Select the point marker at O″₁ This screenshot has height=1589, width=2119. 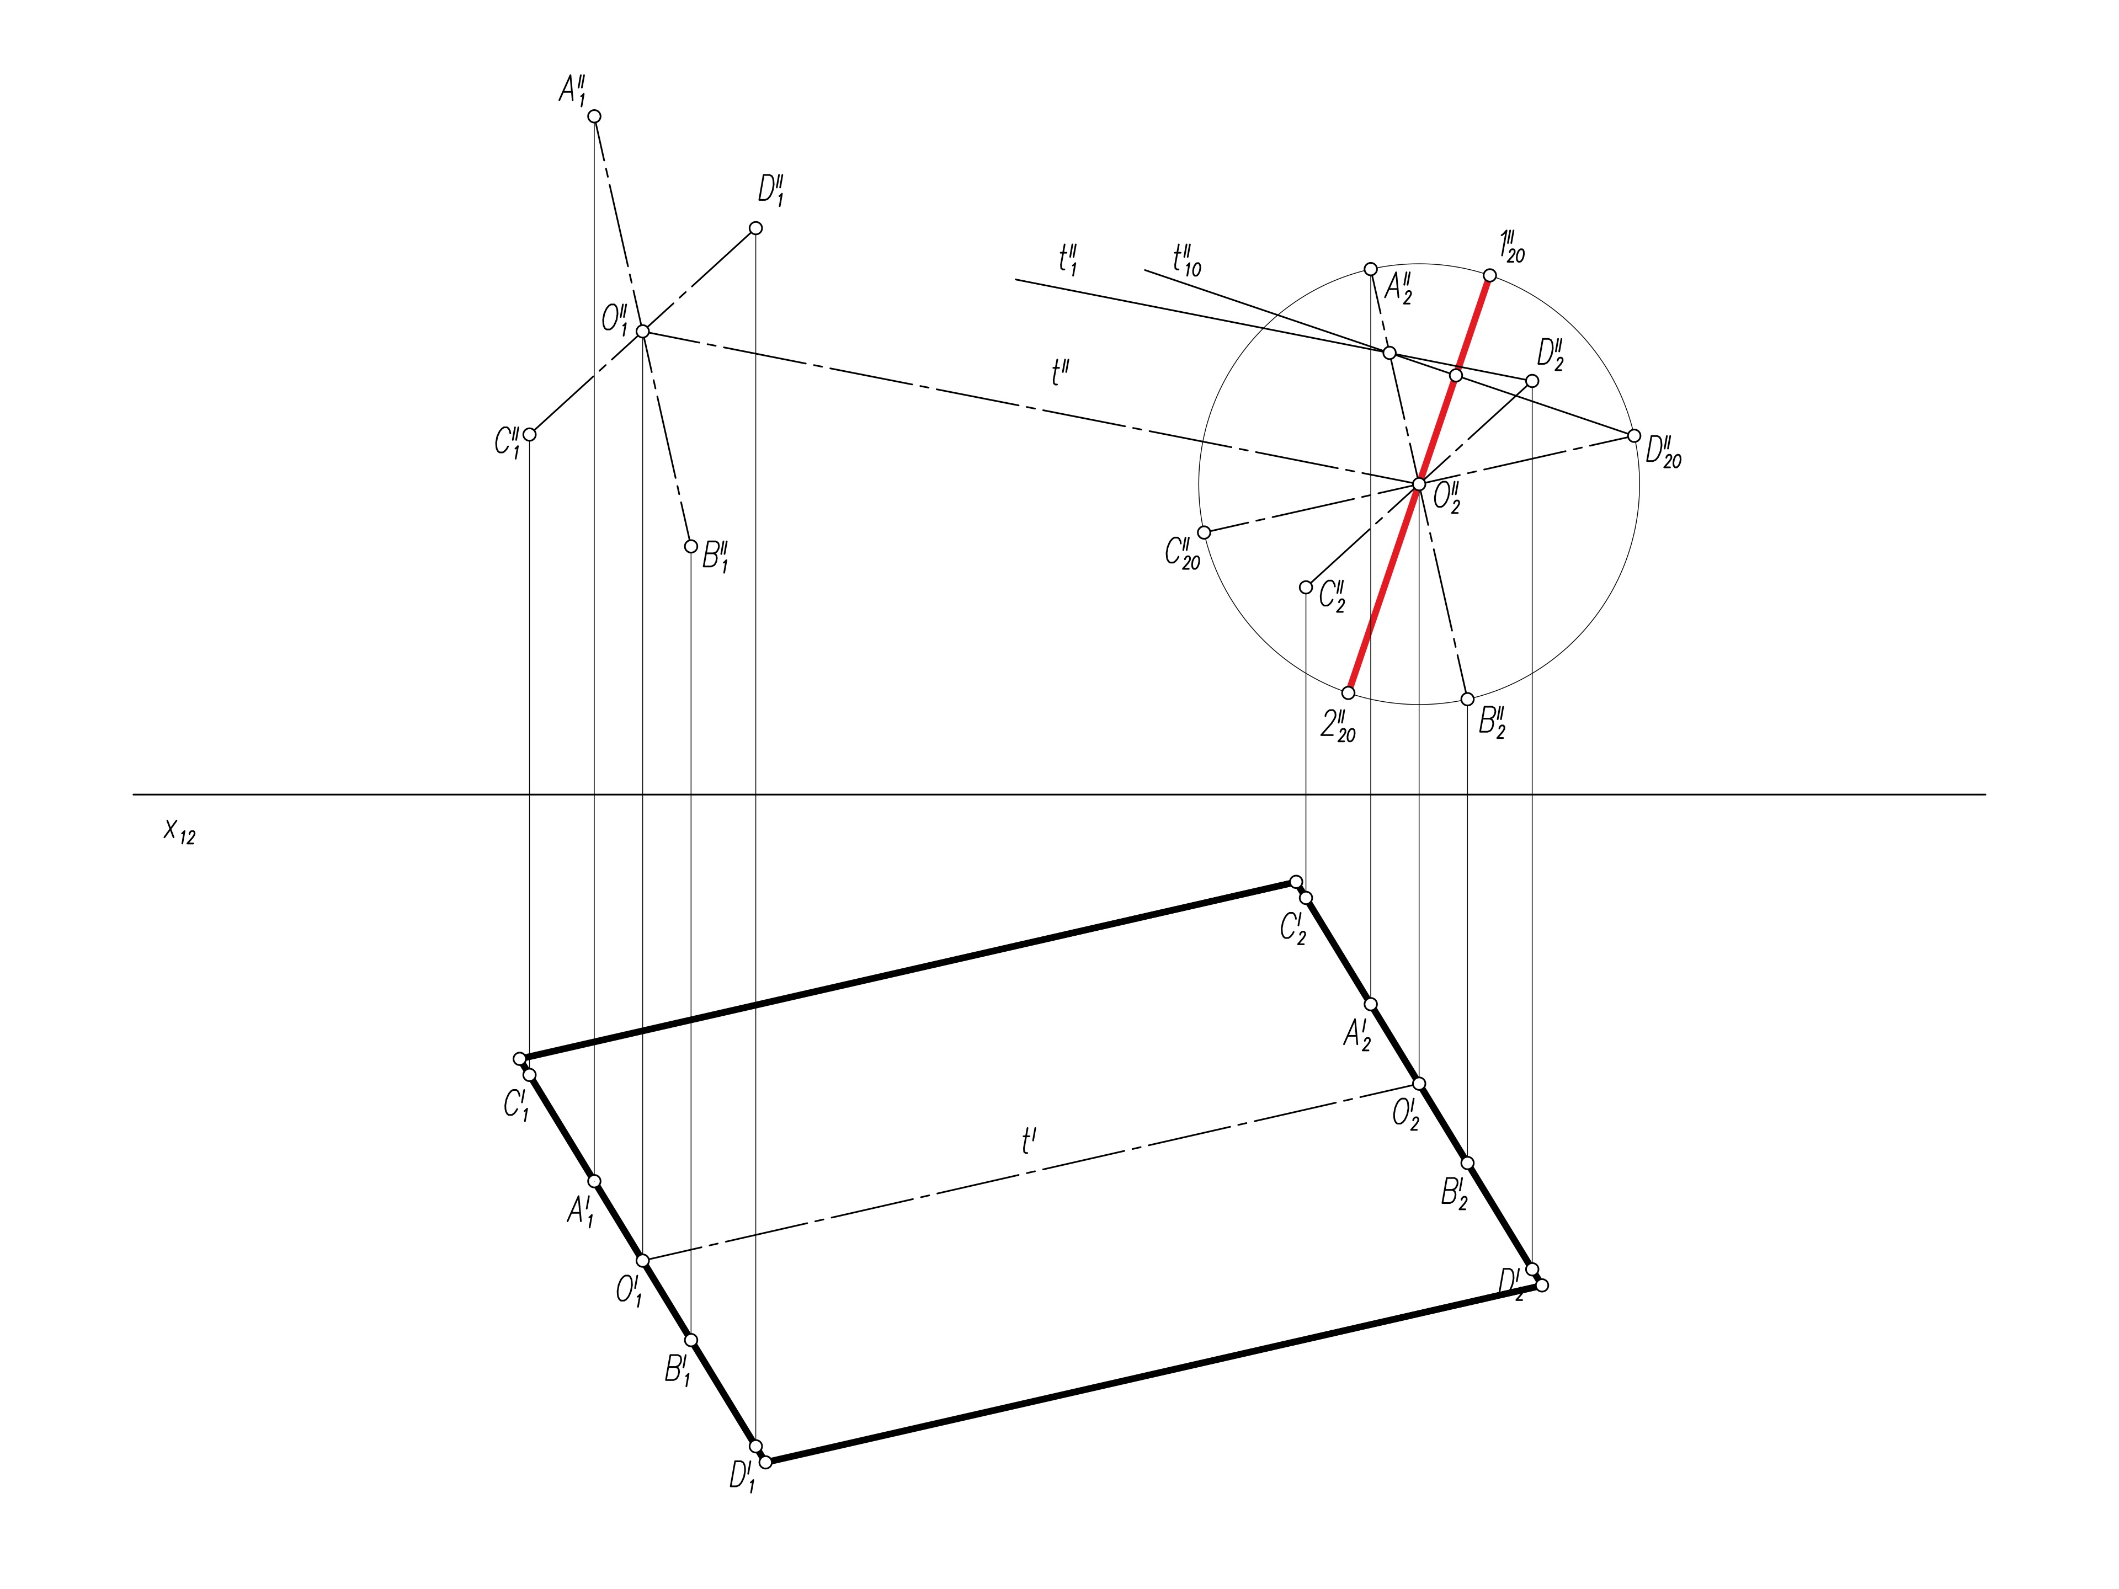pyautogui.click(x=643, y=332)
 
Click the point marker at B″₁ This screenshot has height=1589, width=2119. pyautogui.click(x=691, y=547)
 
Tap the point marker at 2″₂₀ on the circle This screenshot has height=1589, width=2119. pyautogui.click(x=1349, y=692)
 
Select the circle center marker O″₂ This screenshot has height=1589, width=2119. pyautogui.click(x=1419, y=484)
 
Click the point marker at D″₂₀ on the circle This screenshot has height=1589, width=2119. pyautogui.click(x=1634, y=436)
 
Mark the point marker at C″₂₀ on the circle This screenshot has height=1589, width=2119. pyautogui.click(x=1204, y=532)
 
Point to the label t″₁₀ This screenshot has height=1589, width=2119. pyautogui.click(x=1186, y=259)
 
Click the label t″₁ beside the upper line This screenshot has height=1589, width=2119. pyautogui.click(x=1068, y=259)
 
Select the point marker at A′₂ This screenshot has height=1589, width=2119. pyautogui.click(x=1371, y=1004)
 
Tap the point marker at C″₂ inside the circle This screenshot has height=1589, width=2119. pyautogui.click(x=1306, y=587)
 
